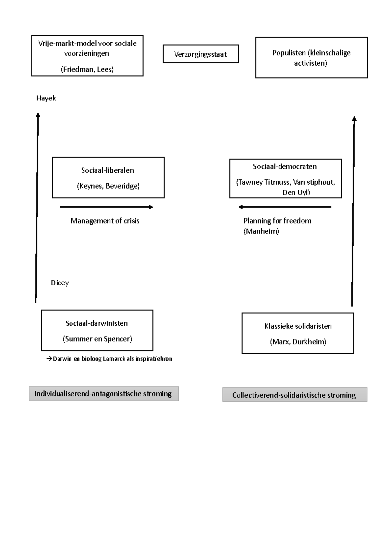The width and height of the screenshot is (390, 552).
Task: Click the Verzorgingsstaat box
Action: tap(201, 54)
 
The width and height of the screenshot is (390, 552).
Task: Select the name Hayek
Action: tap(46, 98)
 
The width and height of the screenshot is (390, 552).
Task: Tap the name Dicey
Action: tap(59, 283)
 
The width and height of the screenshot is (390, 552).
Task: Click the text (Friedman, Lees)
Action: tap(87, 69)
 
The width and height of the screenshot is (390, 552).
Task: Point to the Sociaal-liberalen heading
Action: tap(108, 170)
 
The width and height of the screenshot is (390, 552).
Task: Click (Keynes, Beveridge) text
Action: tap(108, 186)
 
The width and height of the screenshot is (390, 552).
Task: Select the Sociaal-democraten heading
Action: tap(285, 167)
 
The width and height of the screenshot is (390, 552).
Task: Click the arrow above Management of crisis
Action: tap(107, 207)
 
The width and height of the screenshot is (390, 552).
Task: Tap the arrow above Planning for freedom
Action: tap(285, 207)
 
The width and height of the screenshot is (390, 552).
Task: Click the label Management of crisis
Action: tap(105, 221)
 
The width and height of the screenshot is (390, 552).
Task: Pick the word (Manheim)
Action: tap(261, 231)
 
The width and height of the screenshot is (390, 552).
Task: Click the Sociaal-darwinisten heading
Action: tap(97, 323)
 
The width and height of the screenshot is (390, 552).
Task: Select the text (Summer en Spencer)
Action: tap(97, 339)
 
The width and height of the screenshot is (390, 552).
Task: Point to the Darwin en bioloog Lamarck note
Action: tap(110, 359)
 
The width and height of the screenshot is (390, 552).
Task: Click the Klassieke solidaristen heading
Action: tap(298, 326)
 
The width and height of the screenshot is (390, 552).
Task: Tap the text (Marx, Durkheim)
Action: tap(298, 342)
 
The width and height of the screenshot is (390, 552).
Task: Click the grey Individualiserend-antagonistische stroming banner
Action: tap(103, 394)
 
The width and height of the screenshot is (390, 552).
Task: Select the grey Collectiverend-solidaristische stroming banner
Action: tap(294, 395)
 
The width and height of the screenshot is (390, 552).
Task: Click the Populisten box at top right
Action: tap(311, 58)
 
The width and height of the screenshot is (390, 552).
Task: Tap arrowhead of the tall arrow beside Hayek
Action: tap(38, 115)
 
